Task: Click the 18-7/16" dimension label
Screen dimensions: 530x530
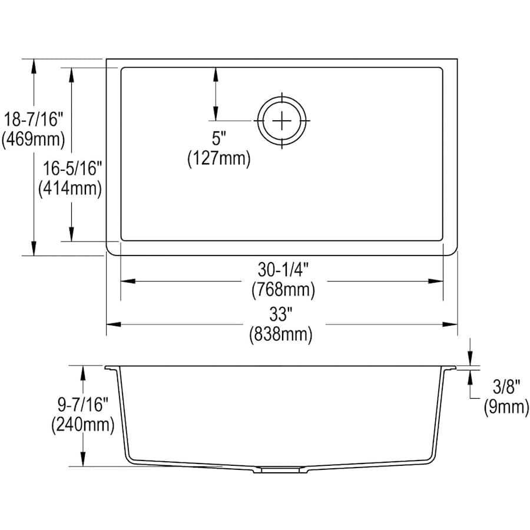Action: pos(34,120)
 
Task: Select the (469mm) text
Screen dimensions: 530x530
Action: pos(33,139)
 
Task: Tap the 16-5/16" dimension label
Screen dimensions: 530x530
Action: pos(72,168)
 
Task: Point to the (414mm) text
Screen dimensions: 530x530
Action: pos(70,188)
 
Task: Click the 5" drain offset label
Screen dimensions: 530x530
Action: pos(218,138)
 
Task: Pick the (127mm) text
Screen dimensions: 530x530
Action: pos(219,158)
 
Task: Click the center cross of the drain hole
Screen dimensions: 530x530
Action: pos(282,120)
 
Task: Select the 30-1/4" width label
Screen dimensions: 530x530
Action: pos(283,269)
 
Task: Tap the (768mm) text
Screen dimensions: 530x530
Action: pos(283,289)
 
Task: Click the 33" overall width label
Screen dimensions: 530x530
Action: pos(280,314)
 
